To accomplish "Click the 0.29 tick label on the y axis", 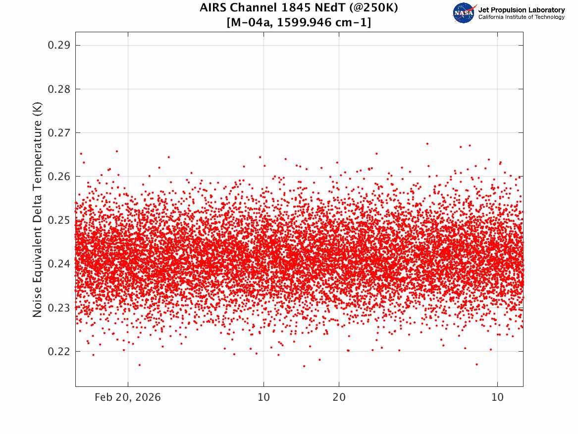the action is tap(59, 46).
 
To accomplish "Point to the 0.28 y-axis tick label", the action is tap(59, 89).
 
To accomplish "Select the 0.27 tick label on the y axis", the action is tap(59, 132).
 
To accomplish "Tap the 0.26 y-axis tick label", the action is tap(59, 177).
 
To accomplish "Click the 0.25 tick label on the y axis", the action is tap(59, 220).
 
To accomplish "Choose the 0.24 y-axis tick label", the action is tap(59, 264).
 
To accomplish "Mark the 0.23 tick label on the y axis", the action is tap(59, 308).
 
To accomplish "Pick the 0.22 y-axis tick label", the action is tap(59, 351).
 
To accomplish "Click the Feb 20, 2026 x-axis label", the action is tap(128, 397).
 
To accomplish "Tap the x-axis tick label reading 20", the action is tap(339, 397).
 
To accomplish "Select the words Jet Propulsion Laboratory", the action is tap(522, 10).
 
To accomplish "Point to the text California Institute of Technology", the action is tap(522, 17).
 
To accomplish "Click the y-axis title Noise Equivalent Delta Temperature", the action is tap(37, 210).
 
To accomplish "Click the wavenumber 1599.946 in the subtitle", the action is tap(304, 22).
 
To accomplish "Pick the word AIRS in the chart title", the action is tap(212, 7).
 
